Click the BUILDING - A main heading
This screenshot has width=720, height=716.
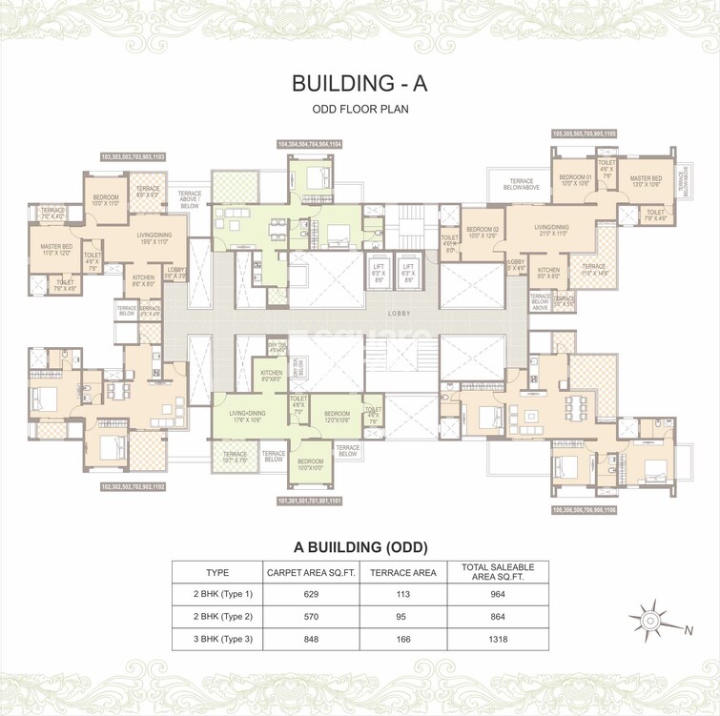[x=360, y=83]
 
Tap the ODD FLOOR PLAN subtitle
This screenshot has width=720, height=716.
[x=360, y=109]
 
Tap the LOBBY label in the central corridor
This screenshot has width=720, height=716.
[x=398, y=312]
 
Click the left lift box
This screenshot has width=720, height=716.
[x=379, y=273]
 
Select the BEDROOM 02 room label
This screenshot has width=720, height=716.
[x=481, y=233]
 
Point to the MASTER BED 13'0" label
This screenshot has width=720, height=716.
[x=646, y=181]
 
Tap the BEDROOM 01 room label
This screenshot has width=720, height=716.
[x=575, y=179]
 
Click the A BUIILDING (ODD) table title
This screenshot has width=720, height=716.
[x=359, y=547]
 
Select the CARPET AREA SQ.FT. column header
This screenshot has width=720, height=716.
[x=310, y=572]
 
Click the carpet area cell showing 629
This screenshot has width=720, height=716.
[x=310, y=595]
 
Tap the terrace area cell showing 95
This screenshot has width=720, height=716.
[x=402, y=618]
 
